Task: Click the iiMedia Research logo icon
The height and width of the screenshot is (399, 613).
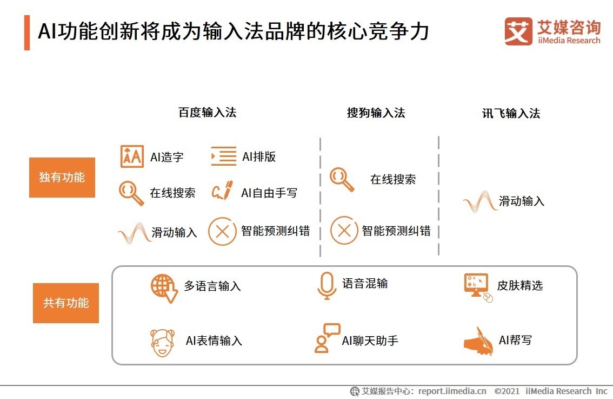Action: point(518,31)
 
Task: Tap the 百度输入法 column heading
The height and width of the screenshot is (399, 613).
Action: point(207,113)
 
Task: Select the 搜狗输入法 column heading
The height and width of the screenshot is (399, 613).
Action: point(376,113)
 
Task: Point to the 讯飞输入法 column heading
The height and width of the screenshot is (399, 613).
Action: point(511,113)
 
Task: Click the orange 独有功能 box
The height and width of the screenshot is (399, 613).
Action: point(62,178)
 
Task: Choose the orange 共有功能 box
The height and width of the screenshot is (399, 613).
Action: point(66,303)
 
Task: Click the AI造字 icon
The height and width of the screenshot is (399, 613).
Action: point(132,156)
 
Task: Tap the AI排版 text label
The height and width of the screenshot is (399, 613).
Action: point(259,157)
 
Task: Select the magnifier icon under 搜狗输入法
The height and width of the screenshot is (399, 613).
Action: point(342,180)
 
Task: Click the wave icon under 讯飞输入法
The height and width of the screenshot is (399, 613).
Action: point(479,202)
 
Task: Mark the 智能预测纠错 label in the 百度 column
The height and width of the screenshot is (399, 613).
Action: point(275,231)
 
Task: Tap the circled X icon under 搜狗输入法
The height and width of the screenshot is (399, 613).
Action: point(344,231)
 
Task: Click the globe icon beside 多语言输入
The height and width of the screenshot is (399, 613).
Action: point(164,287)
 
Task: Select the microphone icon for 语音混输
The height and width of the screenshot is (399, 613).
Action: point(327,285)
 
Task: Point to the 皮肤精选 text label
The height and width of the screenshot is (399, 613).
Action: point(519,286)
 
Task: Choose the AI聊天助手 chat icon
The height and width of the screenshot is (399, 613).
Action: point(327,338)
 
